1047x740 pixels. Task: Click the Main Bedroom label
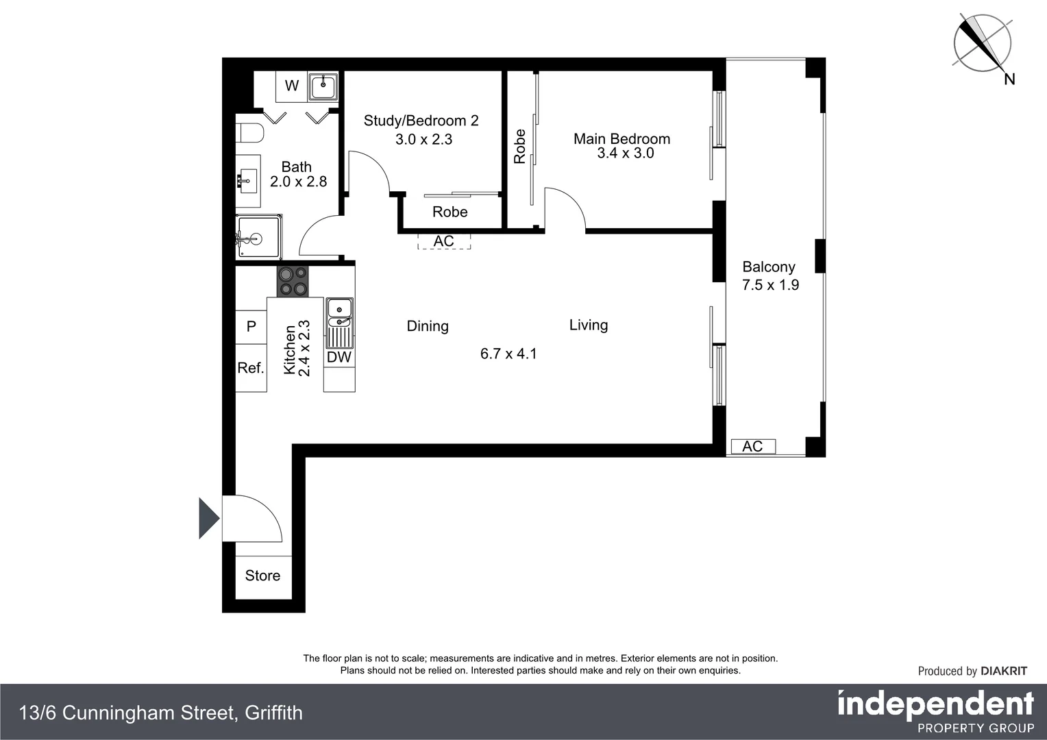click(621, 139)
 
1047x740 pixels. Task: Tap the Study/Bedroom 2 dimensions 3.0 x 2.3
click(423, 140)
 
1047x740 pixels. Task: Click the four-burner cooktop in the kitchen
click(293, 282)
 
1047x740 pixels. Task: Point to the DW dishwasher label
click(338, 357)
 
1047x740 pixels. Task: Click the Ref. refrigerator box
click(251, 368)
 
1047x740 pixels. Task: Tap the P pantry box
click(251, 327)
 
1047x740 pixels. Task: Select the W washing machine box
click(292, 86)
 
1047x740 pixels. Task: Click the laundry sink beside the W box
click(323, 86)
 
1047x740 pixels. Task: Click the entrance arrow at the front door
click(208, 518)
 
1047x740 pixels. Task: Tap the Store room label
click(262, 576)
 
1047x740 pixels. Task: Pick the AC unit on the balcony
click(752, 447)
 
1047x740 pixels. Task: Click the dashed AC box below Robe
click(444, 241)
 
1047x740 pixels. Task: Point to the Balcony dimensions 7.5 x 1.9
click(770, 285)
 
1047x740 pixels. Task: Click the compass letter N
click(1009, 79)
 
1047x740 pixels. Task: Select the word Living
click(588, 325)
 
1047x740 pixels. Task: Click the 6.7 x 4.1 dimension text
click(508, 354)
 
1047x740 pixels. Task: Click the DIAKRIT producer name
click(1004, 671)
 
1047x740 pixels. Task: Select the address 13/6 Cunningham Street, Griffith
click(161, 713)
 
